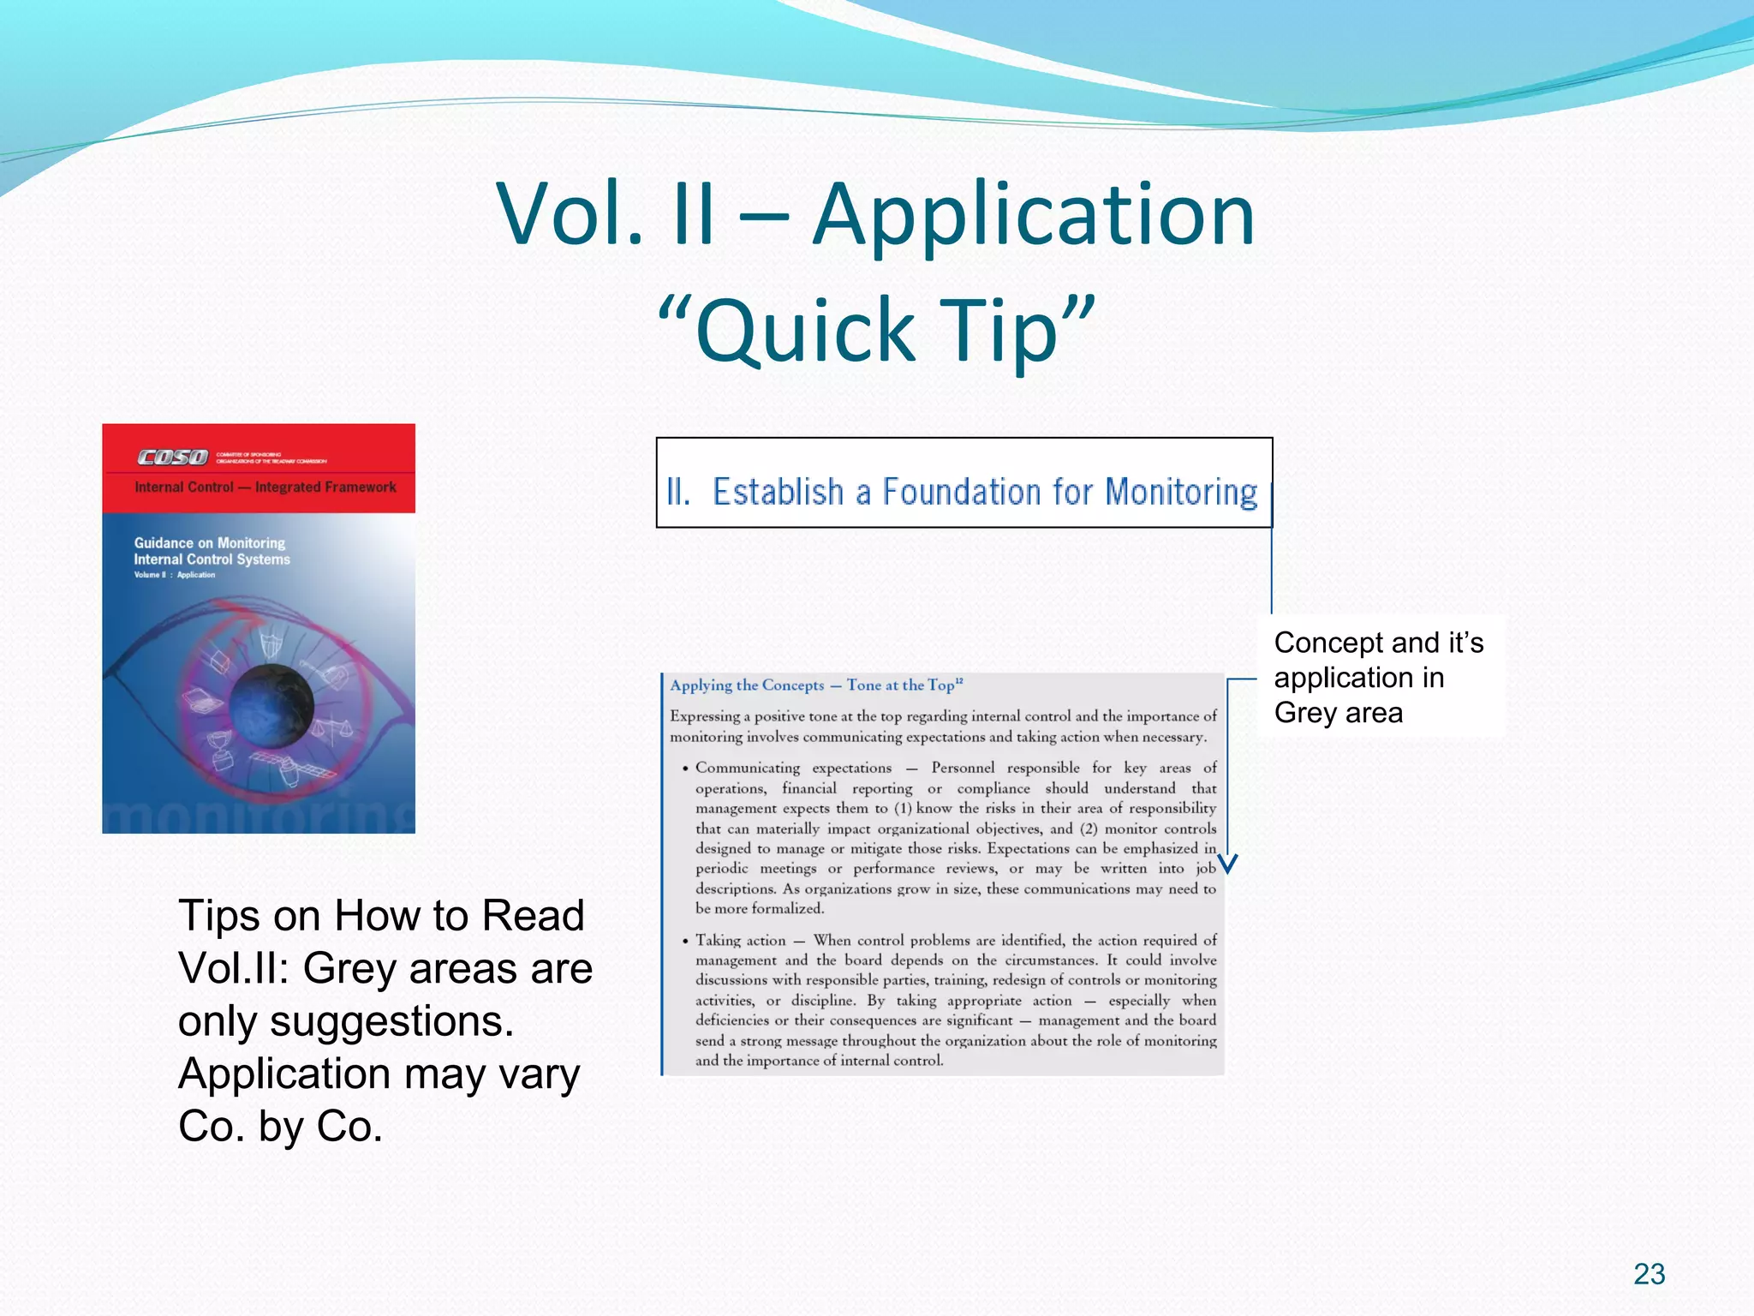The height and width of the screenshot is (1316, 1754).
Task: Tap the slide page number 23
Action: (x=1649, y=1274)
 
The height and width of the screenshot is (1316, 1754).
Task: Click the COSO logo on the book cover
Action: (x=173, y=458)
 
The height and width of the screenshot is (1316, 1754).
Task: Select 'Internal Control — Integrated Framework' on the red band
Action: (x=265, y=488)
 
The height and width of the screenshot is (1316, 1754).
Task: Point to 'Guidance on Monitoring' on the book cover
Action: (x=210, y=543)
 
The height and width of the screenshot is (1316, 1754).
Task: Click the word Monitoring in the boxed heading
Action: (x=1181, y=492)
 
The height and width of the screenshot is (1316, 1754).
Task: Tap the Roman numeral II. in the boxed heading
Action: (x=678, y=492)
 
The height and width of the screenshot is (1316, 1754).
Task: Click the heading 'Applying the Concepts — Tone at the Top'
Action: (x=815, y=685)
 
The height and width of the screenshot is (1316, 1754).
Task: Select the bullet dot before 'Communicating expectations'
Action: (x=685, y=769)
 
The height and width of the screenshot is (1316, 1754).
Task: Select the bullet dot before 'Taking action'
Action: (x=685, y=941)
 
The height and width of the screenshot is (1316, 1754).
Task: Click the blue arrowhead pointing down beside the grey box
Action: (x=1228, y=864)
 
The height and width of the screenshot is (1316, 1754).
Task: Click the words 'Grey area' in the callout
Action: (x=1338, y=713)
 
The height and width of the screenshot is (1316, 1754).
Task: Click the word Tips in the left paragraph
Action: (x=218, y=915)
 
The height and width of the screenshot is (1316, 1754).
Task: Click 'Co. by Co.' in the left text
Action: (x=280, y=1127)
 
